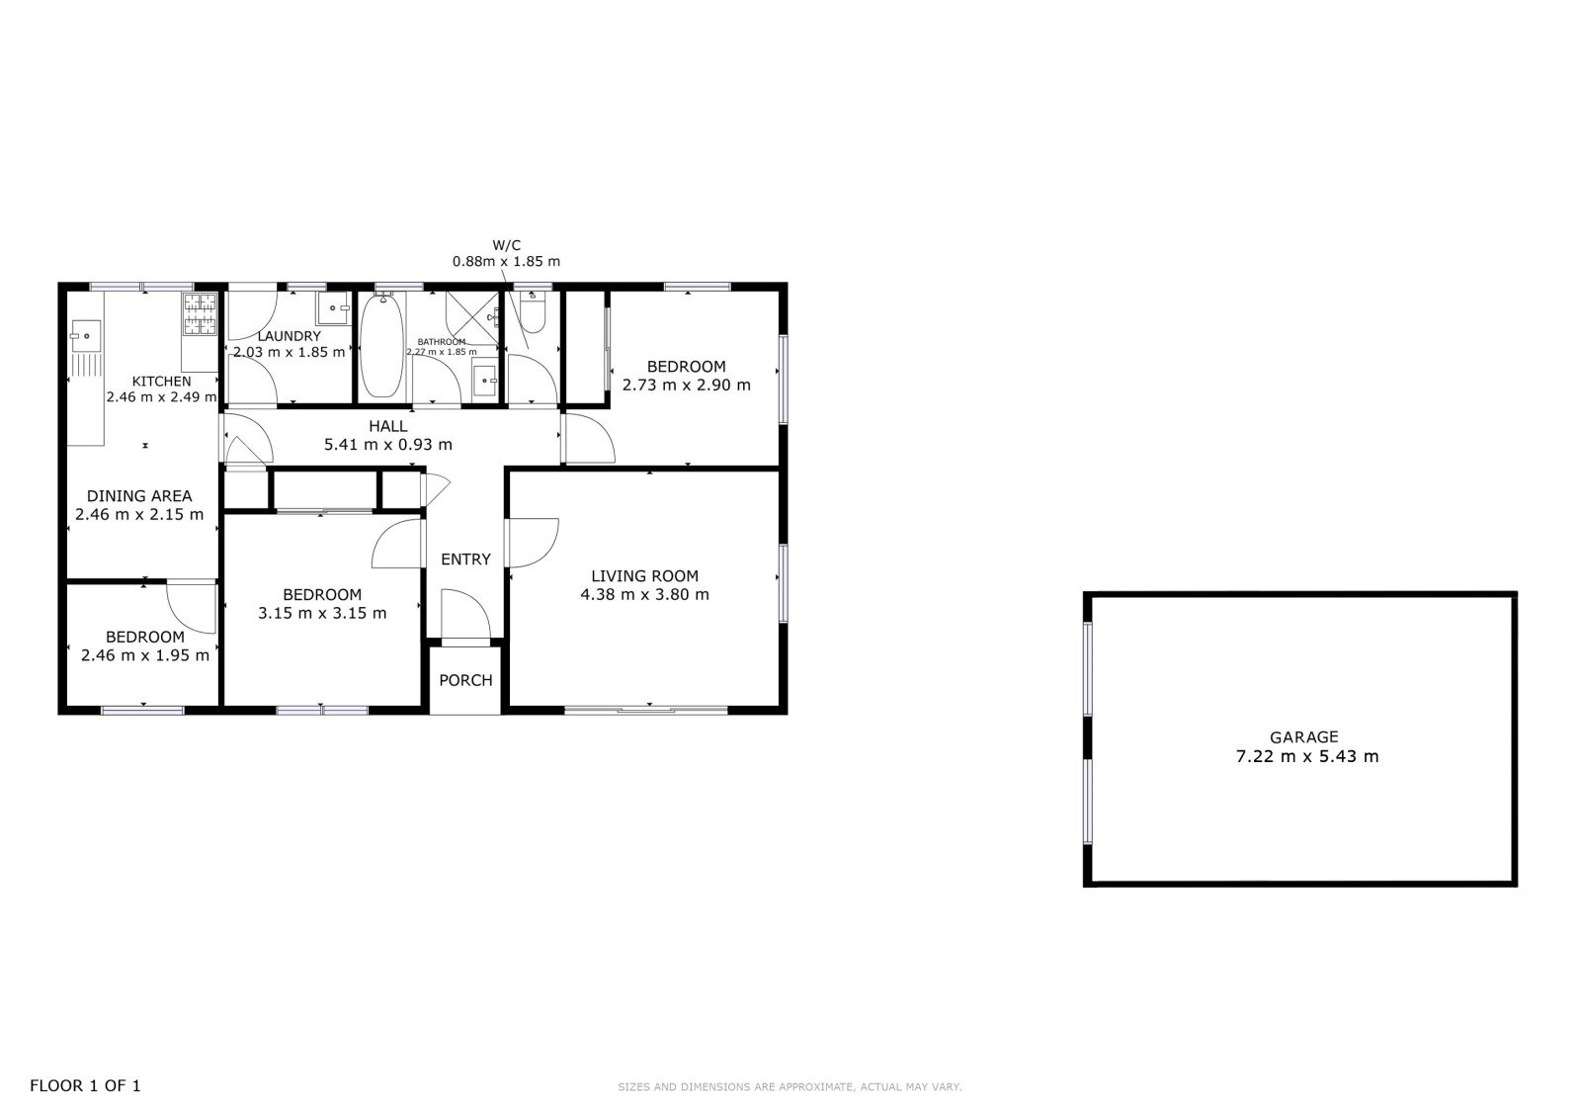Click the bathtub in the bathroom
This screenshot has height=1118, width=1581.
(x=381, y=345)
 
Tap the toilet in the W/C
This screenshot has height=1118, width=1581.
(x=533, y=313)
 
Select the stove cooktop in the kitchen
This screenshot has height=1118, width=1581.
(x=200, y=313)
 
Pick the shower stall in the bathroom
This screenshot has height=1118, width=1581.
(x=472, y=318)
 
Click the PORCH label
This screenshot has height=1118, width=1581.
(x=465, y=680)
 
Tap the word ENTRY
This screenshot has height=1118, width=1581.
(x=465, y=559)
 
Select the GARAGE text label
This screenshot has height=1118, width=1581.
(x=1303, y=737)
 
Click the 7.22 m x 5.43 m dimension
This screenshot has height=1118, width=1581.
(x=1306, y=756)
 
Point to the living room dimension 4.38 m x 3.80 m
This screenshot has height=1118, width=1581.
(x=644, y=595)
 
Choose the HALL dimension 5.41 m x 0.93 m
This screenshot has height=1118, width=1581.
(x=388, y=445)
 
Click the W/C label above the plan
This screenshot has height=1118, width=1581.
(x=507, y=246)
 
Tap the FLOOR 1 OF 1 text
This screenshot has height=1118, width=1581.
(x=85, y=1085)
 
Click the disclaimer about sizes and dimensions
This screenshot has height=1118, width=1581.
(x=790, y=1087)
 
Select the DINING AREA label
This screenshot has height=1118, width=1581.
(x=139, y=496)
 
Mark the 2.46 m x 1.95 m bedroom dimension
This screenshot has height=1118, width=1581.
(x=145, y=655)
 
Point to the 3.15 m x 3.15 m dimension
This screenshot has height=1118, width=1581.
(x=322, y=613)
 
